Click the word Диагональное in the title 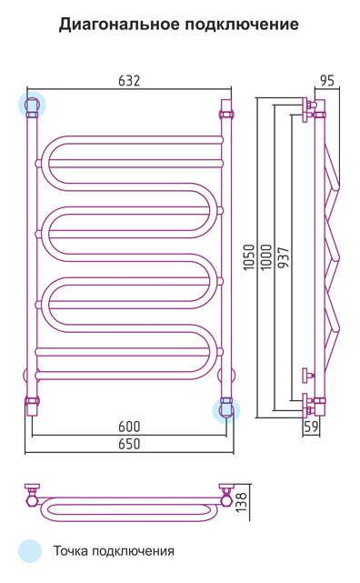click(x=118, y=25)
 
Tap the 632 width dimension click(x=129, y=81)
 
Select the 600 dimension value click(x=129, y=427)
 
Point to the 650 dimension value click(x=129, y=444)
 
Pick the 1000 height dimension click(x=266, y=256)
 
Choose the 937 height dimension click(x=283, y=257)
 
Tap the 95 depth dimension click(x=327, y=81)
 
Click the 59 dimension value click(x=311, y=427)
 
